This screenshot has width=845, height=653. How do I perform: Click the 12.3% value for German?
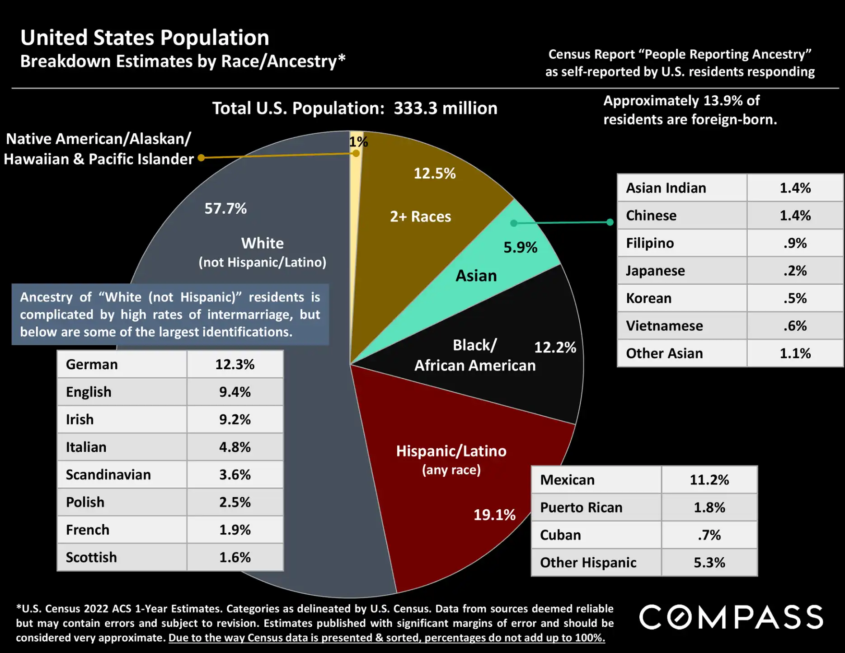click(x=235, y=364)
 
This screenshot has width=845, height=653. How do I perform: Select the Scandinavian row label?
click(x=108, y=474)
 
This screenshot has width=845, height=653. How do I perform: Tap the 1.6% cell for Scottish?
click(x=235, y=557)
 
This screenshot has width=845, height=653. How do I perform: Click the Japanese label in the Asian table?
click(x=655, y=271)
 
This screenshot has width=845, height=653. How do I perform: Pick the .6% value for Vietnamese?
click(x=795, y=326)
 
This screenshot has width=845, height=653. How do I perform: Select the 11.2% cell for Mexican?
click(x=709, y=480)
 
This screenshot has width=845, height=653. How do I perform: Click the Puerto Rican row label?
click(x=581, y=507)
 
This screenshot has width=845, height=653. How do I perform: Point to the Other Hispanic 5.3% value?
click(x=709, y=563)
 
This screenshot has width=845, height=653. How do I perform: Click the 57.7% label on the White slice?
click(x=225, y=208)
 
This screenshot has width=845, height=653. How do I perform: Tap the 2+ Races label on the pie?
click(x=420, y=216)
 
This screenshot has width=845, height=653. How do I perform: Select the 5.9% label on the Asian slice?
click(x=520, y=247)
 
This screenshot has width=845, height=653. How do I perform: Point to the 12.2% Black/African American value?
click(x=555, y=347)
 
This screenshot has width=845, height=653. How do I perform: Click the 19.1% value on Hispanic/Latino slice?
click(x=494, y=515)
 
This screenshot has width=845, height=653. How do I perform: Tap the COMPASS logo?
click(x=731, y=617)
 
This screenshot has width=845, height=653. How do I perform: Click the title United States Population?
click(x=145, y=38)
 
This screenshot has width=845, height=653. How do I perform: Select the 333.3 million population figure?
click(x=445, y=108)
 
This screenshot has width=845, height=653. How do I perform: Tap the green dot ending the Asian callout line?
click(x=610, y=222)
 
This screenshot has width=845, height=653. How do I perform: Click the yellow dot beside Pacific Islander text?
click(x=202, y=158)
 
